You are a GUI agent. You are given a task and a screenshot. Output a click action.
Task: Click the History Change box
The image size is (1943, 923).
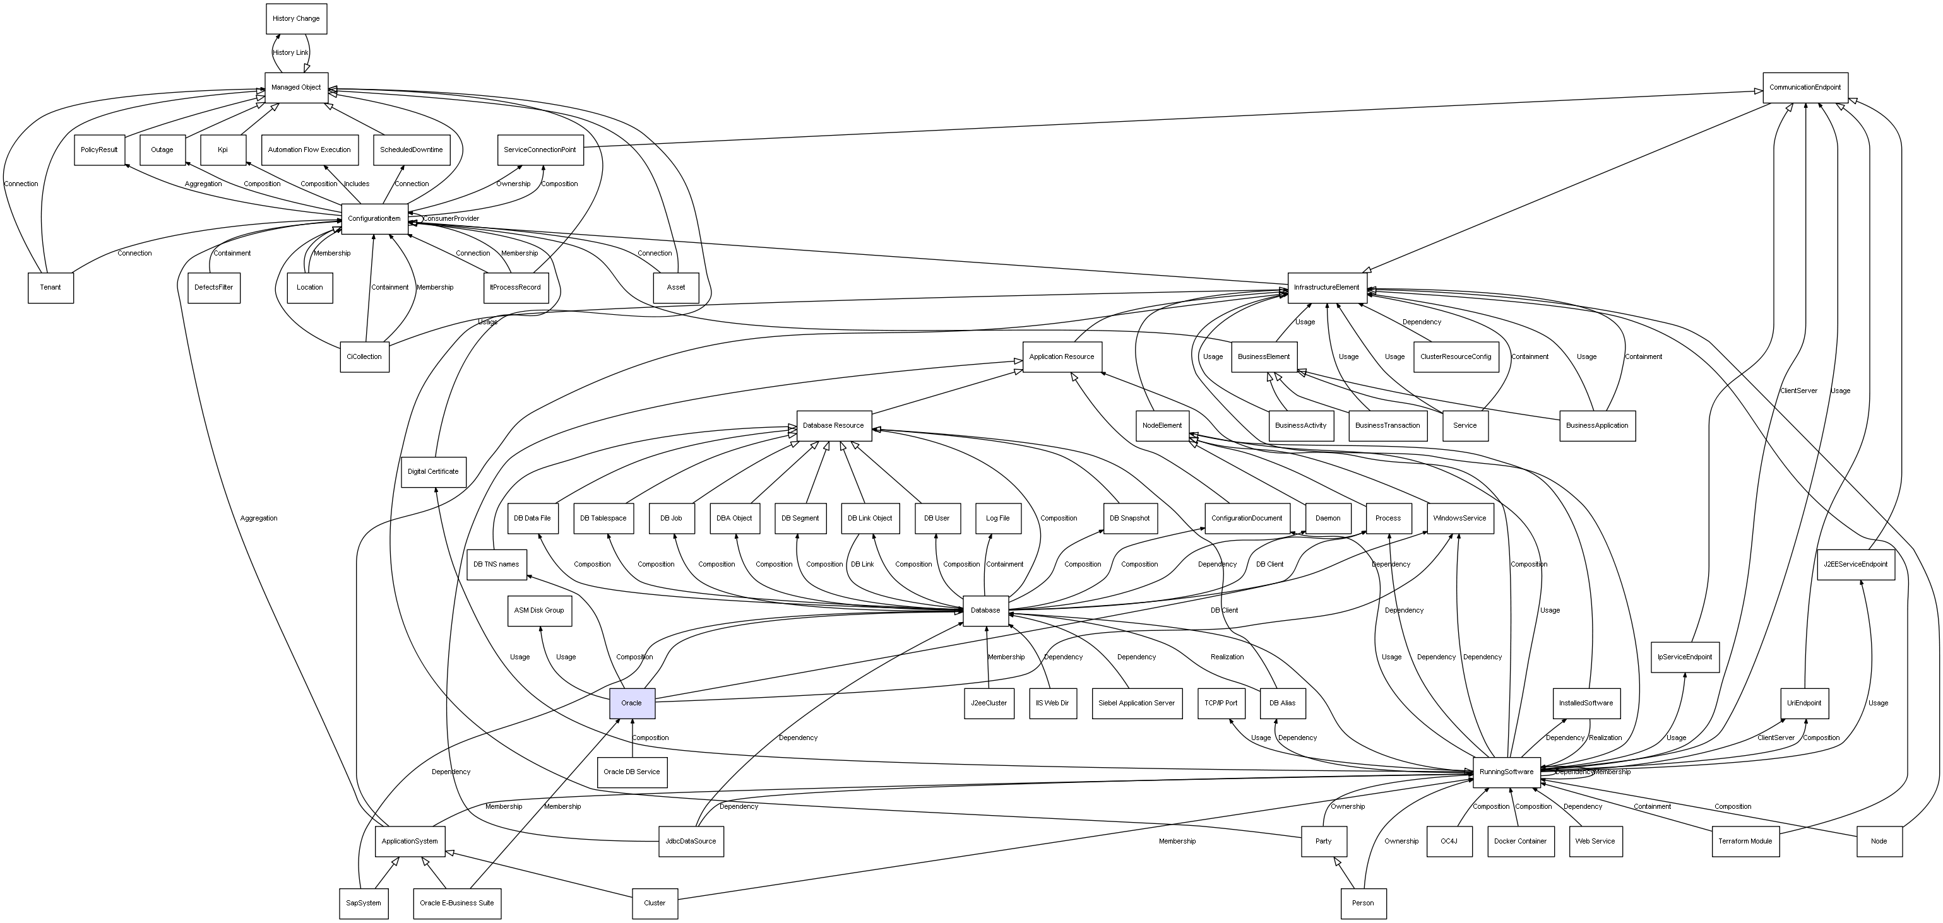295,19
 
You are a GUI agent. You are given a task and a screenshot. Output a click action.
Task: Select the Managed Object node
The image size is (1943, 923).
295,88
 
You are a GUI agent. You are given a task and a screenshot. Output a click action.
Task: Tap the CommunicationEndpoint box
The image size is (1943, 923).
1804,88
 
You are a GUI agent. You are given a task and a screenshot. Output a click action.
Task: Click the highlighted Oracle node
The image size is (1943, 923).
631,703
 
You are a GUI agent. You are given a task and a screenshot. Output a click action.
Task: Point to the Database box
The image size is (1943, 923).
985,610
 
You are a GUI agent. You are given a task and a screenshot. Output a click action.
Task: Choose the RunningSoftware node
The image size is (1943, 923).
1506,772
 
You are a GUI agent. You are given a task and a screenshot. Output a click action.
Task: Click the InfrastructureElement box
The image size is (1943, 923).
1326,287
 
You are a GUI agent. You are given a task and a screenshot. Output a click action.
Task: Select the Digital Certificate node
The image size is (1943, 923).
433,471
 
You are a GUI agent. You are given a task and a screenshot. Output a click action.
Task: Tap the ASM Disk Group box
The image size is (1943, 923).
538,610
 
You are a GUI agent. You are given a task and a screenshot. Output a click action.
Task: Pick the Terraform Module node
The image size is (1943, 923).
1745,841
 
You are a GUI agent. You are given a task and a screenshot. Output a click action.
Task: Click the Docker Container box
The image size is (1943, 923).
1520,841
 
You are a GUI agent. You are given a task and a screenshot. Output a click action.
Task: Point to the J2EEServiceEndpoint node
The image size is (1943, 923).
1855,564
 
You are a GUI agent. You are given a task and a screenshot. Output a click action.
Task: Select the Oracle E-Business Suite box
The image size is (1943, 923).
456,903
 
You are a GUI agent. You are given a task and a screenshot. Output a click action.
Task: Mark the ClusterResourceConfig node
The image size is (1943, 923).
1455,356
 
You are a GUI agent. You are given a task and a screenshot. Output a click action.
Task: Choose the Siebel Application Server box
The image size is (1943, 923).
1136,703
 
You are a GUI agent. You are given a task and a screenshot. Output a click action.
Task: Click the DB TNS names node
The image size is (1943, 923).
496,564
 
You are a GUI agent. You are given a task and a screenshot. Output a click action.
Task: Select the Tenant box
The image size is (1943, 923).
51,287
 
